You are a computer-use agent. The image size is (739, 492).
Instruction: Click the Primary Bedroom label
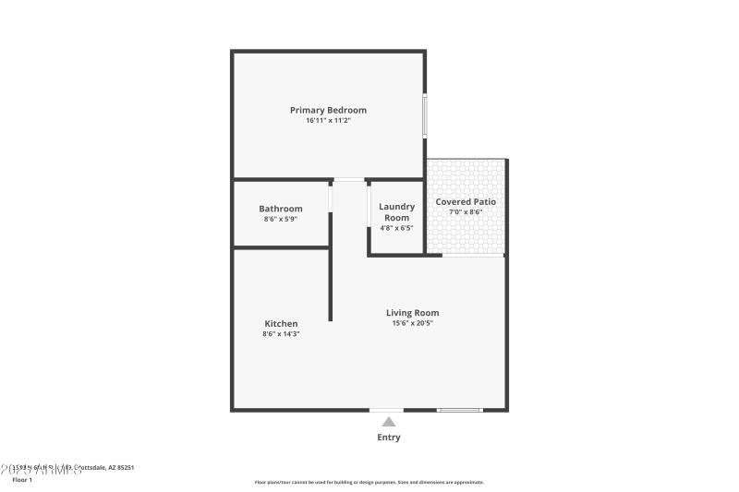(328, 110)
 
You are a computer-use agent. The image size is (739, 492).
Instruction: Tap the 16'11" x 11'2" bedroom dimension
(328, 121)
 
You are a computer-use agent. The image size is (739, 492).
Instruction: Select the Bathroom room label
(280, 209)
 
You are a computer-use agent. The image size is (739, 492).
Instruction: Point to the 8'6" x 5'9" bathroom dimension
(280, 220)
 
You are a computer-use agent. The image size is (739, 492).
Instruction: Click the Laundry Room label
(396, 212)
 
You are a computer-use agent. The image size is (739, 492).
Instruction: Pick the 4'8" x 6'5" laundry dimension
(396, 228)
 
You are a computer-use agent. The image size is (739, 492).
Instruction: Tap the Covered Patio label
(466, 201)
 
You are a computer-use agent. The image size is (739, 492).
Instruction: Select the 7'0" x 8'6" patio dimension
(466, 212)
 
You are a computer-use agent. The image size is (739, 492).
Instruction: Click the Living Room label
(412, 313)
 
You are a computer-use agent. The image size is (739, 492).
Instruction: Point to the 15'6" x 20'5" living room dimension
(412, 324)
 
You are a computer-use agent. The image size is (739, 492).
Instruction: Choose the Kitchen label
(281, 323)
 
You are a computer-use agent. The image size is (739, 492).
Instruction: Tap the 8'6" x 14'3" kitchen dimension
(281, 334)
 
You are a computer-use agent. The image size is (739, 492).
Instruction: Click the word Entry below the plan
(389, 438)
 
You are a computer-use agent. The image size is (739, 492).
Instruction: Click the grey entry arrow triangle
(389, 422)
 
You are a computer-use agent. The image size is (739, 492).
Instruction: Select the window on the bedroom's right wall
(425, 115)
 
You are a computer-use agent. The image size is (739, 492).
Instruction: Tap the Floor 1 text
(22, 480)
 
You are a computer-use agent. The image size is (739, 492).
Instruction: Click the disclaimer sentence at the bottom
(369, 482)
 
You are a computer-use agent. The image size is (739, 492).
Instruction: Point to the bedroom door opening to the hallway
(349, 179)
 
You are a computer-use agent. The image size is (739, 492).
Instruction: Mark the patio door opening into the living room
(473, 255)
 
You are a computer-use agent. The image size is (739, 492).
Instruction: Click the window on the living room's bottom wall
(459, 410)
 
